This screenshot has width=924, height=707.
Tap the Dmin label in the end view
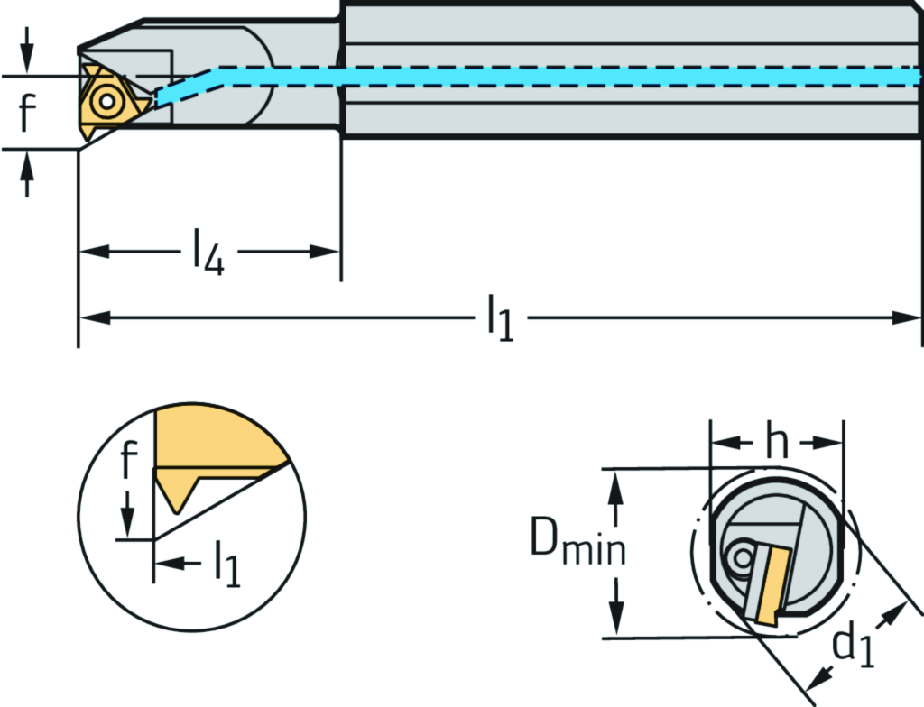(x=577, y=544)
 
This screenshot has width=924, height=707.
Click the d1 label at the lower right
(x=853, y=648)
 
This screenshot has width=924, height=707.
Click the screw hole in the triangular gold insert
(x=107, y=101)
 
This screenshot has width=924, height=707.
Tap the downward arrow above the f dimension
(x=28, y=60)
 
